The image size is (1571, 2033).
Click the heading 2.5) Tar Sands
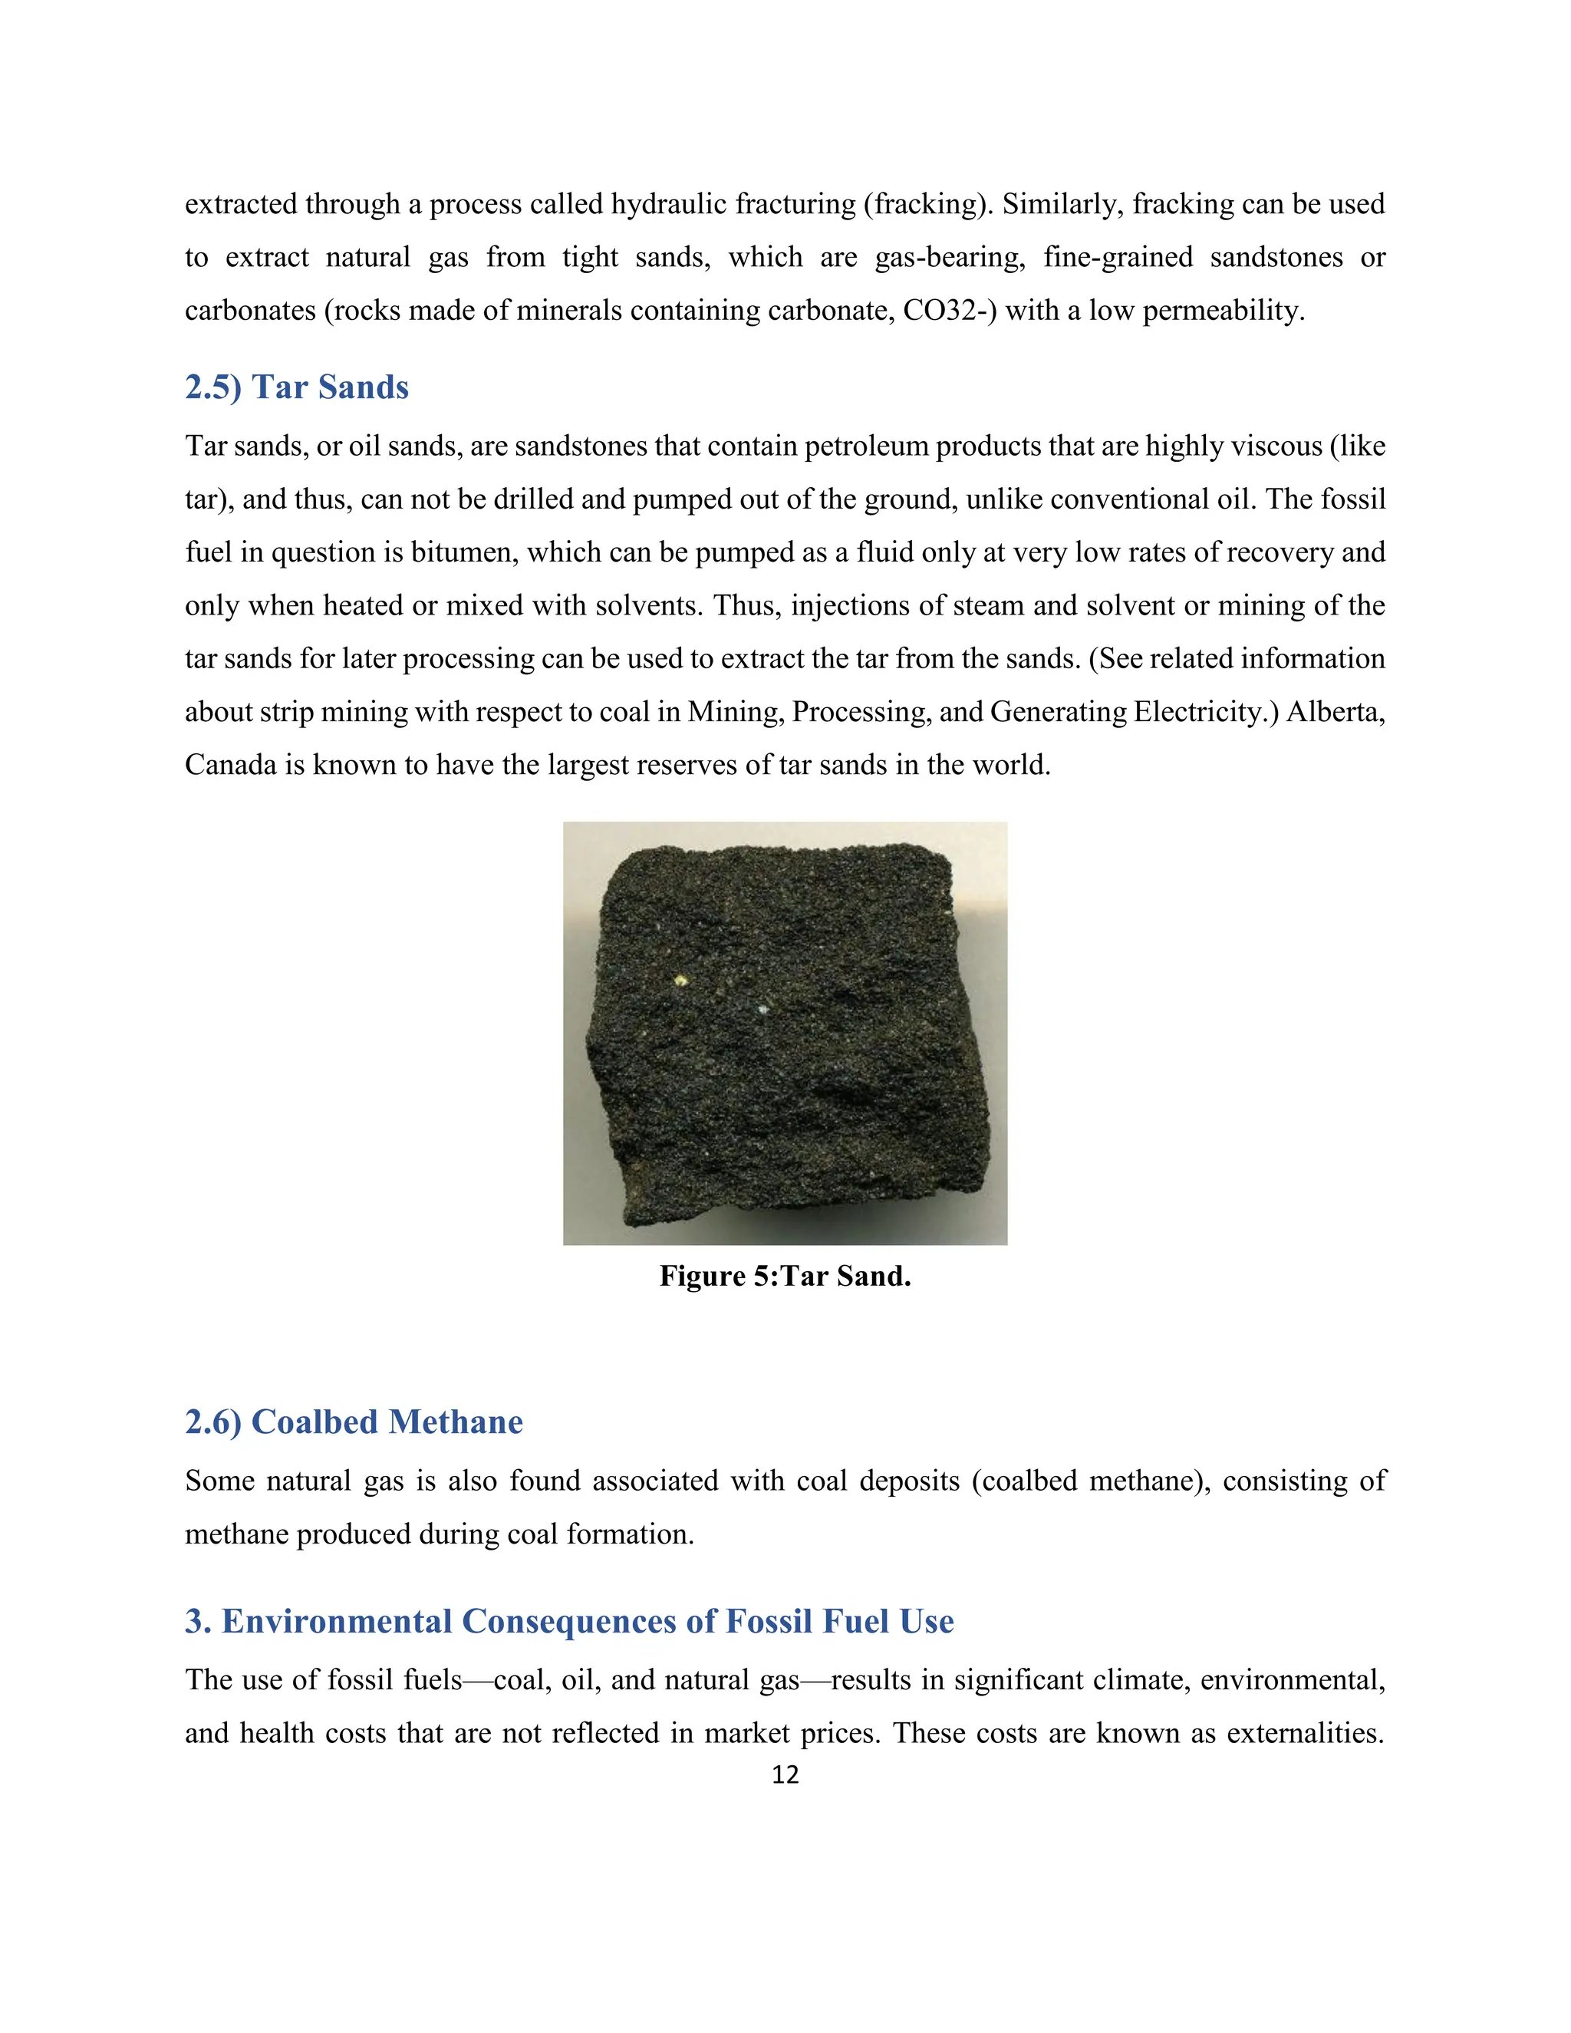pyautogui.click(x=297, y=387)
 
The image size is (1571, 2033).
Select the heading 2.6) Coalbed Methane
pyautogui.click(x=354, y=1422)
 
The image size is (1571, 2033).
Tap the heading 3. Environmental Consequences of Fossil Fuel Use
pyautogui.click(x=568, y=1622)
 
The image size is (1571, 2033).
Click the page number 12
pyautogui.click(x=785, y=1775)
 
